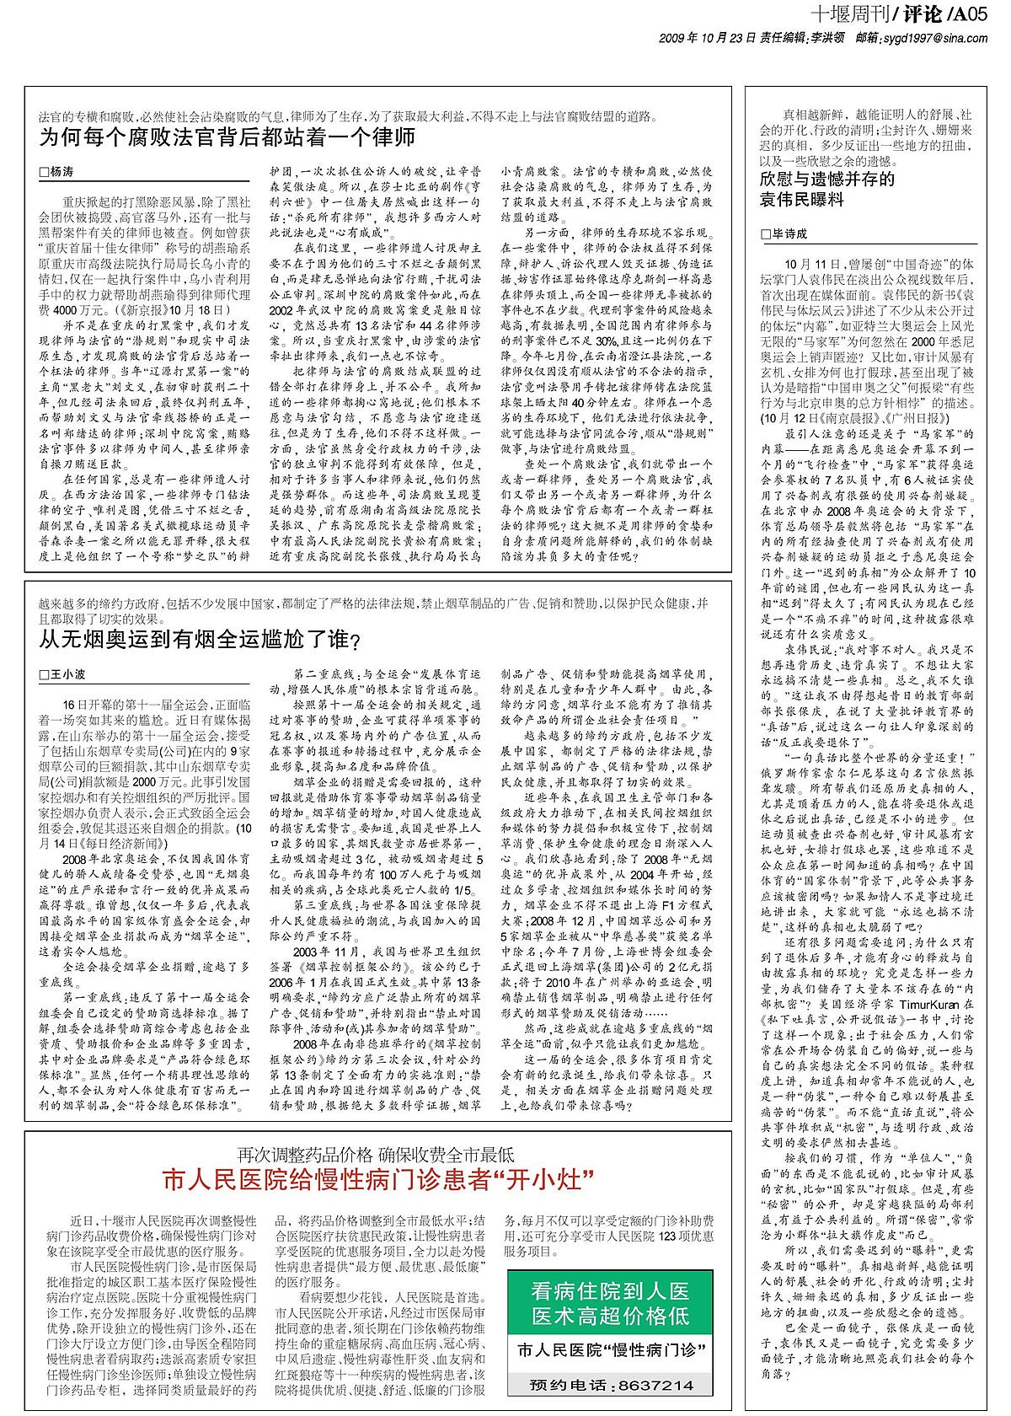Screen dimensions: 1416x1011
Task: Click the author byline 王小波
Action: pyautogui.click(x=67, y=674)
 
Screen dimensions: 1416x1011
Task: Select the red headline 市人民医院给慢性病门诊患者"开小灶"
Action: pyautogui.click(x=377, y=1177)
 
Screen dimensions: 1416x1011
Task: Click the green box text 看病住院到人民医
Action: pyautogui.click(x=610, y=1290)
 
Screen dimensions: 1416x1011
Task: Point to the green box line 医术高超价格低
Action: pyautogui.click(x=610, y=1316)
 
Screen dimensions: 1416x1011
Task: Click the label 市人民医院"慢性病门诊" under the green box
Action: pyautogui.click(x=610, y=1351)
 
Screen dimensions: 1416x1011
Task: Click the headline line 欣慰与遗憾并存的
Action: pyautogui.click(x=827, y=179)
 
